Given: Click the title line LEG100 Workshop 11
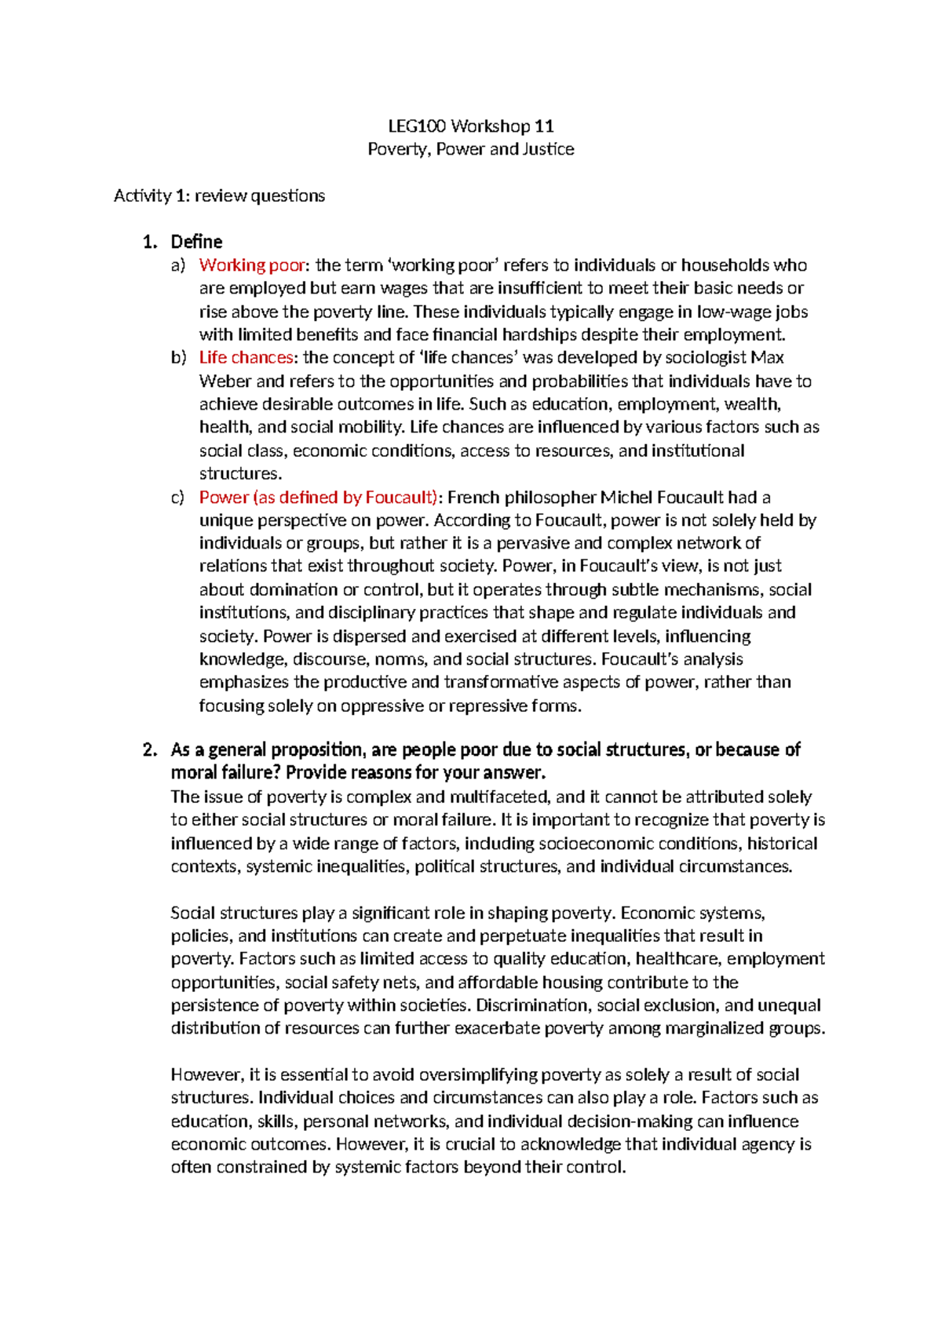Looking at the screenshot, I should [471, 126].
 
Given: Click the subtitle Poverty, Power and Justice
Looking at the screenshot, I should [471, 149].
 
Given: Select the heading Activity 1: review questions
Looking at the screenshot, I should [219, 195].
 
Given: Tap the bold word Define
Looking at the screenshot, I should [196, 242].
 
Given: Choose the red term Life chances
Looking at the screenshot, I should [246, 358].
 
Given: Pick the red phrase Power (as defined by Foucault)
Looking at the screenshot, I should [318, 498].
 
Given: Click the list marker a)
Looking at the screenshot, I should [178, 265].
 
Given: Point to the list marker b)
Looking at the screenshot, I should [178, 358].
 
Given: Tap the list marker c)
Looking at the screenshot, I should [178, 498].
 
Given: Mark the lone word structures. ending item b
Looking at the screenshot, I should [239, 474].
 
